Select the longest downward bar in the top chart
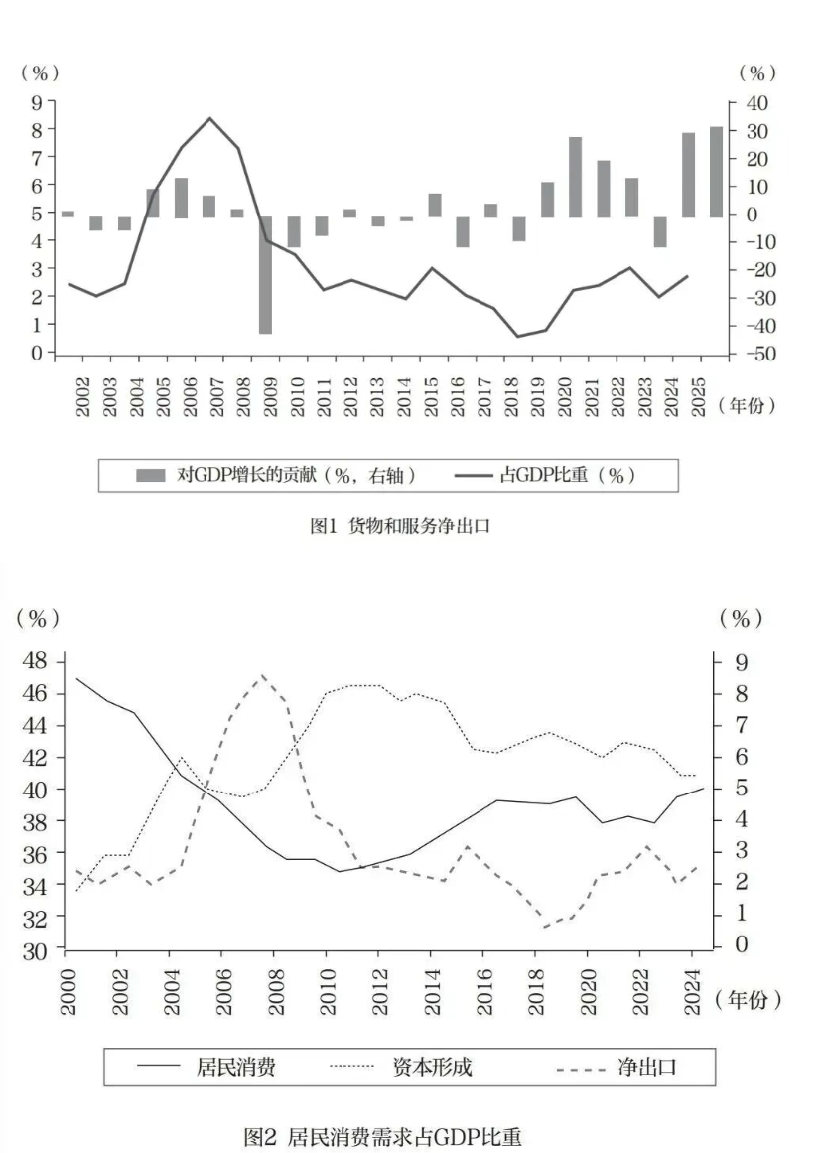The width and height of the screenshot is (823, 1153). pyautogui.click(x=265, y=275)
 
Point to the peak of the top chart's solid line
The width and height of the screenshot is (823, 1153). pyautogui.click(x=209, y=118)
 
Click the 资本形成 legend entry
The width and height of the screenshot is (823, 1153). pyautogui.click(x=432, y=1069)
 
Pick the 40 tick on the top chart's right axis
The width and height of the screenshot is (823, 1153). pyautogui.click(x=755, y=103)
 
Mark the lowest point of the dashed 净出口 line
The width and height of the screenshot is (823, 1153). pyautogui.click(x=546, y=928)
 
